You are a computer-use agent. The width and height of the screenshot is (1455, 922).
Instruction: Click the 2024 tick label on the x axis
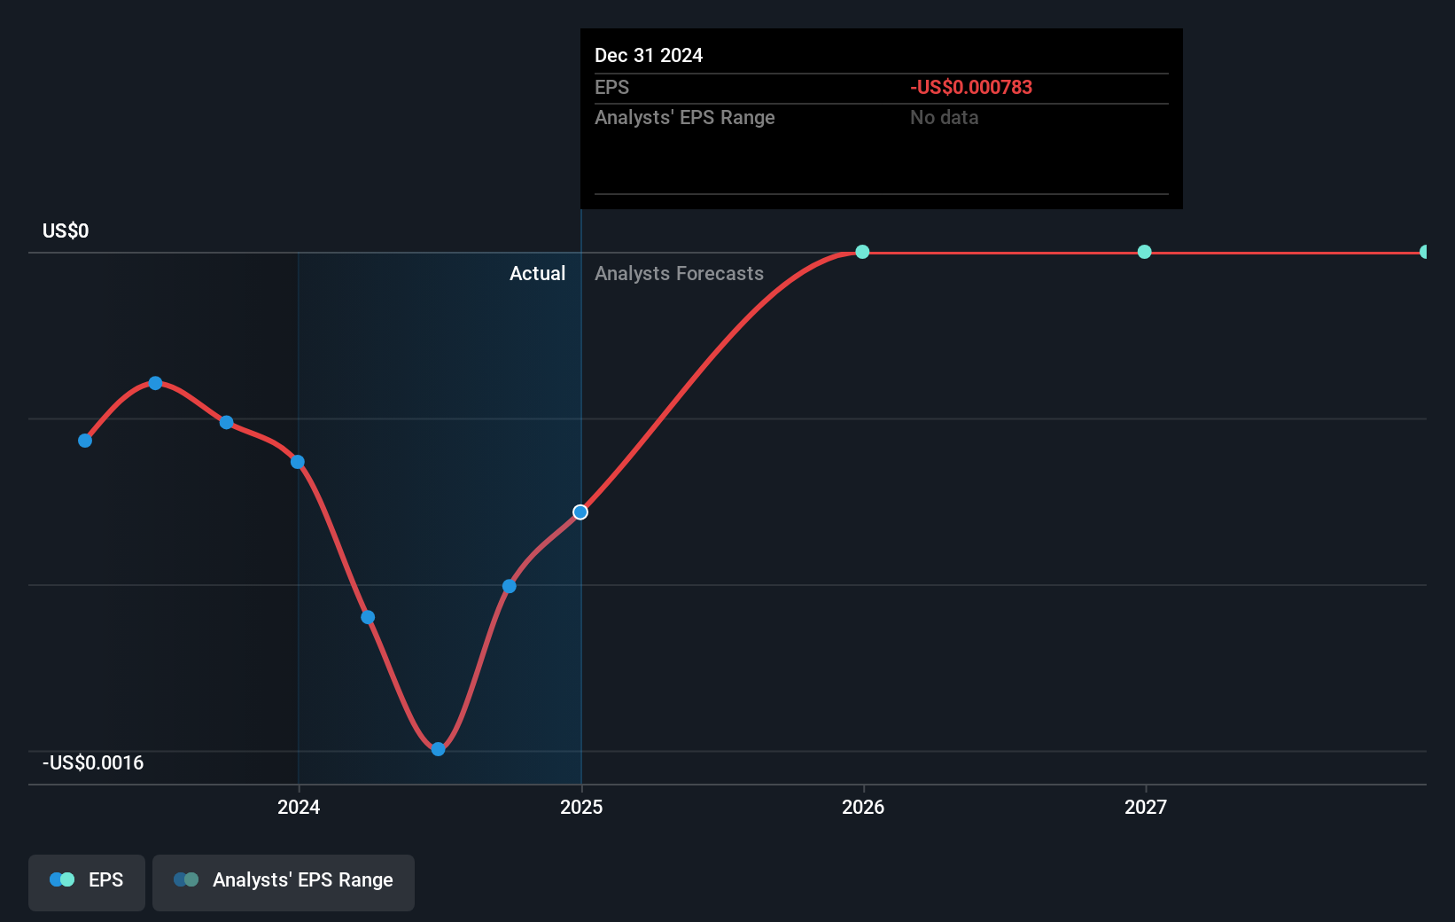[x=299, y=807]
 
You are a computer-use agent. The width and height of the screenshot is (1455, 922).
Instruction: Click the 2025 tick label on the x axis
[x=581, y=807]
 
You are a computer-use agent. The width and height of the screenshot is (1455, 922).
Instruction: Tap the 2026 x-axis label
[x=863, y=807]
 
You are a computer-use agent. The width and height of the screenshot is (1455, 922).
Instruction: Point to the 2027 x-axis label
[x=1146, y=807]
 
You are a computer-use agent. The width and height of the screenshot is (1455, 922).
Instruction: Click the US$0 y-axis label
[x=66, y=231]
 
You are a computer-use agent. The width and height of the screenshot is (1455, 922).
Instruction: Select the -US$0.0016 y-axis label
[x=93, y=763]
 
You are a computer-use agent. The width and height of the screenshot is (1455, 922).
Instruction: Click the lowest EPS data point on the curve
[x=438, y=749]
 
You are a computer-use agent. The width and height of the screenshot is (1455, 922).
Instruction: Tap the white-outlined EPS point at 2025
[x=580, y=512]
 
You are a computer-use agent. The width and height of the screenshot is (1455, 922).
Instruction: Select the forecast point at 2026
[x=862, y=252]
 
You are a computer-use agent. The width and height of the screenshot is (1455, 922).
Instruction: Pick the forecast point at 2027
[x=1144, y=252]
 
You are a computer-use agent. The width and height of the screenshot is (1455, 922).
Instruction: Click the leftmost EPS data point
[x=85, y=441]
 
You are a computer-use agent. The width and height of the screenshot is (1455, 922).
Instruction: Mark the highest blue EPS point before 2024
[x=155, y=383]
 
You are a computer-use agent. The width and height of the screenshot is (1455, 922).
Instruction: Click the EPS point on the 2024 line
[x=298, y=462]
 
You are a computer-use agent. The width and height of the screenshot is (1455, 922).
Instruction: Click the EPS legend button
[x=87, y=880]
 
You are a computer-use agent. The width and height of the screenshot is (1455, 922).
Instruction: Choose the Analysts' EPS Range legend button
[x=284, y=880]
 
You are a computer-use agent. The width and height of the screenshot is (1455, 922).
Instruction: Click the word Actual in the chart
[x=537, y=274]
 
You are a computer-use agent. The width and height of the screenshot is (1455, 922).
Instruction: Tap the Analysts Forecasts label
[x=679, y=274]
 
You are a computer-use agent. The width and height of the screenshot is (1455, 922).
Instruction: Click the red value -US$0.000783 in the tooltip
[x=971, y=87]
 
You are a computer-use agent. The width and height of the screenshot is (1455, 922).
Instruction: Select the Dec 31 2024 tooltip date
[x=649, y=55]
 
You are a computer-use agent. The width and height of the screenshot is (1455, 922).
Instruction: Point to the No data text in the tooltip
[x=944, y=118]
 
